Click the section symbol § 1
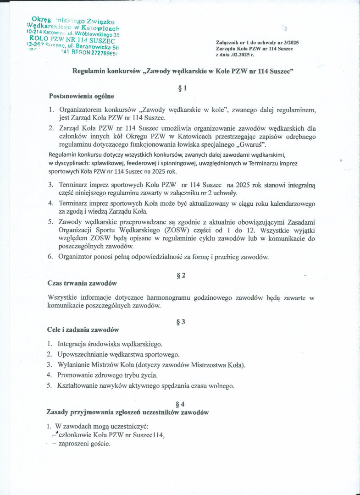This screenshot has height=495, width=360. (x=182, y=88)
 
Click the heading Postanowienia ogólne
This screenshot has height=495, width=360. (x=81, y=96)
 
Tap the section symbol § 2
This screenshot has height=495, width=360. (x=181, y=275)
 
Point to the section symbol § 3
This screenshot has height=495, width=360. (x=181, y=321)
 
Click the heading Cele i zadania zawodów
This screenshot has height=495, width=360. (x=83, y=330)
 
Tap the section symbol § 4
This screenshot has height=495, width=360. (x=180, y=404)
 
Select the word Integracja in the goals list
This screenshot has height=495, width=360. (x=73, y=343)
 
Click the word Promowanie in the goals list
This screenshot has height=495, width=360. (x=75, y=375)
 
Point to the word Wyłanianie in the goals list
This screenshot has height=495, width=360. (x=74, y=364)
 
